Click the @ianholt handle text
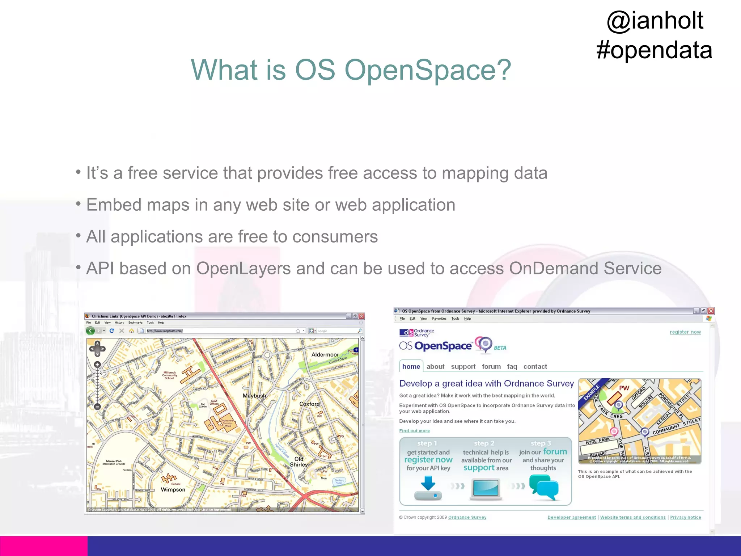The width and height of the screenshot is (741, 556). (655, 21)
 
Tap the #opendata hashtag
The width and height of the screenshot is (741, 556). (654, 50)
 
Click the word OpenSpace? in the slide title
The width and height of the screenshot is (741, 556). (428, 70)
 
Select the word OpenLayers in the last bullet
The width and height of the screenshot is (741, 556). (243, 269)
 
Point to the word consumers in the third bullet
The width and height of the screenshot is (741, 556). (335, 237)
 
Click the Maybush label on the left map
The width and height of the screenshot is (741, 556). (254, 396)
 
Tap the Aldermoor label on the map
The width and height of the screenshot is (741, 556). (325, 355)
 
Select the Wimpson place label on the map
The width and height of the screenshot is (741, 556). (173, 490)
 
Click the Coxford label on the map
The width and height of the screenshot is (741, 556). (309, 404)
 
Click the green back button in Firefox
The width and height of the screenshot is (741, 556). (90, 330)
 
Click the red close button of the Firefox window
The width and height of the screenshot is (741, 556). (361, 316)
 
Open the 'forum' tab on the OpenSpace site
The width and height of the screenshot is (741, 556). (491, 367)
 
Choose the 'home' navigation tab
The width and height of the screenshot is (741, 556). (411, 367)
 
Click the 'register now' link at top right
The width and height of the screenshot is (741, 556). (685, 332)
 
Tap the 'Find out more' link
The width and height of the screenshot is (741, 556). (414, 431)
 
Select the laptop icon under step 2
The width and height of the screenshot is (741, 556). (486, 489)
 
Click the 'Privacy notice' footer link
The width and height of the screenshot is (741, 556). (685, 517)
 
